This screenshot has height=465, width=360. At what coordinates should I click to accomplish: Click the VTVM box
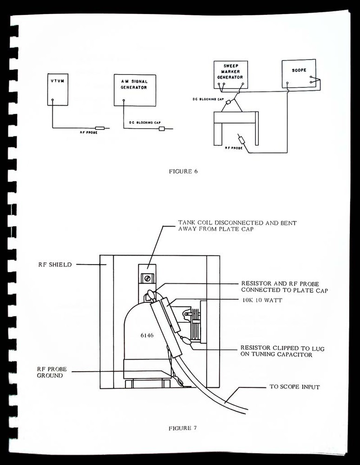pos(58,88)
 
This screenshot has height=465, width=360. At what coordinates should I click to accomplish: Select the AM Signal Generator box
pos(135,90)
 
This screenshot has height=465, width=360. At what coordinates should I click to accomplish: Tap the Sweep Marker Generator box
pos(230,73)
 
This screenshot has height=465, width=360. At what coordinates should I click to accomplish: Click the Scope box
pos(298,73)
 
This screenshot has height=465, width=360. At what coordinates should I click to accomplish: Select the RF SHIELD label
pos(55,265)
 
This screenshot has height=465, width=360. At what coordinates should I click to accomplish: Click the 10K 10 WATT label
pos(262,300)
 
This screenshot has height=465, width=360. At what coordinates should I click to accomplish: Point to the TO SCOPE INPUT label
pos(294,387)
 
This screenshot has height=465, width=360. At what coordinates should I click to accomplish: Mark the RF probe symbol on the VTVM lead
pos(100,128)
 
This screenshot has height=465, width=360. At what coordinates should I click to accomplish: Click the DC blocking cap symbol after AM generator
pos(162,128)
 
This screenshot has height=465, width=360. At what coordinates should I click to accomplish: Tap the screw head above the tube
pos(147,279)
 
